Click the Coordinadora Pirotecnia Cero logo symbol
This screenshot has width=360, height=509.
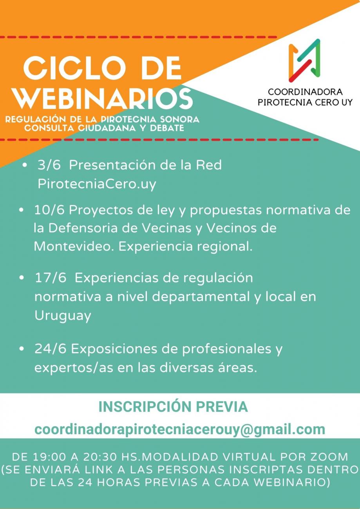(304, 61)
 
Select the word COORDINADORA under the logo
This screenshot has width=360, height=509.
(305, 92)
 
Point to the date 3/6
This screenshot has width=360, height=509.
(49, 165)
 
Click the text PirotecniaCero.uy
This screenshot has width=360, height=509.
(97, 184)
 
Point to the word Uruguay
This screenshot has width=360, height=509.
(63, 316)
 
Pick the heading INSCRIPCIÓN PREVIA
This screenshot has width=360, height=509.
(173, 407)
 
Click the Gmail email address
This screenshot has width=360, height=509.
(180, 429)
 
